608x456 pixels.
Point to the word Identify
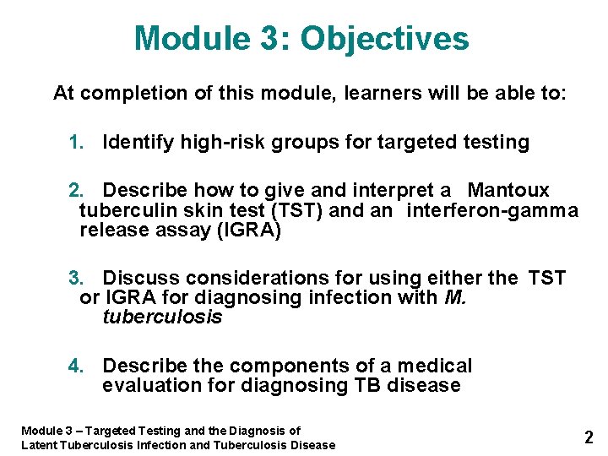(137, 143)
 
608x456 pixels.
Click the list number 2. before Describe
(77, 191)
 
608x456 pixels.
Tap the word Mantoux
(508, 191)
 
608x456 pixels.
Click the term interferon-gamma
(492, 211)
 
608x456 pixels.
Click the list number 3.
(77, 279)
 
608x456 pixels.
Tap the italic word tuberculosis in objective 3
(162, 318)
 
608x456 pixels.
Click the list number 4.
(77, 366)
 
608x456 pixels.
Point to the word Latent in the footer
(39, 445)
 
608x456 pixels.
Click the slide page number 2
(589, 437)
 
